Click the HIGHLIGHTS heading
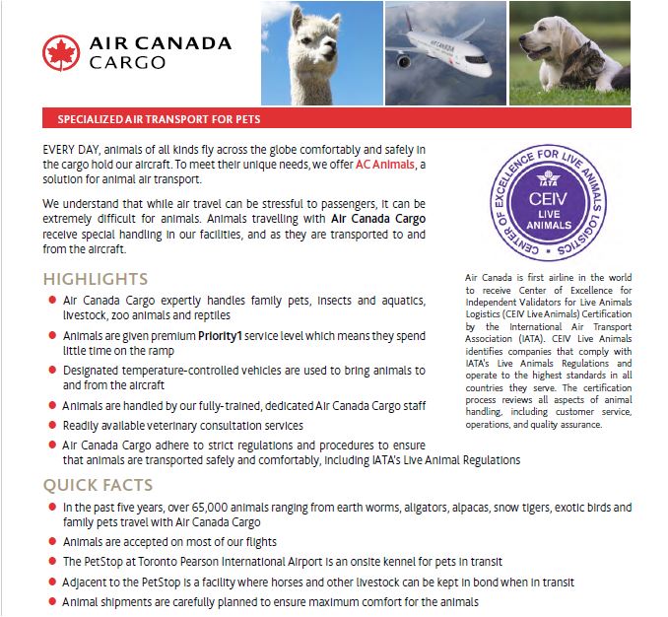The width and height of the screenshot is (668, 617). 96,279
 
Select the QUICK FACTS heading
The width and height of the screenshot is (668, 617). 98,485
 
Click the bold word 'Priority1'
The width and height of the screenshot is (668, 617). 225,335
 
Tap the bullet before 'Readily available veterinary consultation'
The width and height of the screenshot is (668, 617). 52,425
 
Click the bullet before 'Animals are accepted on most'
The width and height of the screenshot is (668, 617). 52,541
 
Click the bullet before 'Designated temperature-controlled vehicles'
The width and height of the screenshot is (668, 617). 52,371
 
